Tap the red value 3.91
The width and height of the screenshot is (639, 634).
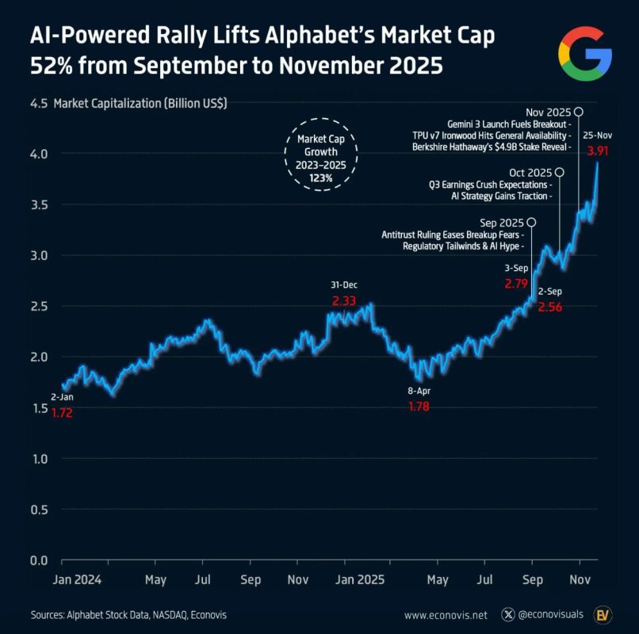pos(598,150)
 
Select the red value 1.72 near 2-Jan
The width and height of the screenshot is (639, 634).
pos(62,413)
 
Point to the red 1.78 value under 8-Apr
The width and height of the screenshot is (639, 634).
pos(419,407)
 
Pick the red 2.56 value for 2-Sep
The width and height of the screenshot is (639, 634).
pos(549,307)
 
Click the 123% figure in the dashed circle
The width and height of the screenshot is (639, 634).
pos(321,179)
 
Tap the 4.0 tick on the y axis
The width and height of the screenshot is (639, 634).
pos(39,154)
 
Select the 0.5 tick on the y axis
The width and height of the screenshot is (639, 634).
pos(39,510)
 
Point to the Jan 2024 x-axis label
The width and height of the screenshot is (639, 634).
pos(86,580)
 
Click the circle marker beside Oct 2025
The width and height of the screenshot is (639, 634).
pos(560,172)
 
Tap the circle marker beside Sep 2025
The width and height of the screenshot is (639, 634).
pos(530,223)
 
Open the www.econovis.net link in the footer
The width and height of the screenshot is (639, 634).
pos(445,615)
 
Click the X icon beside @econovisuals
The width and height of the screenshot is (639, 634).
pos(508,615)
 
